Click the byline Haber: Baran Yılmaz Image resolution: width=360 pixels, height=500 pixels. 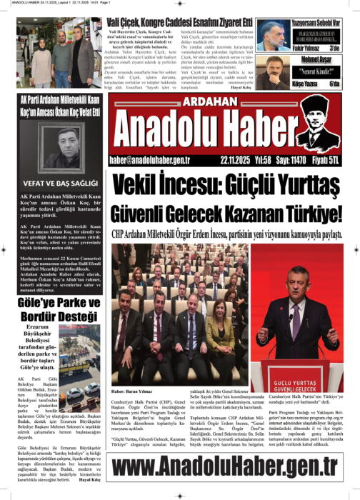[x=133, y=391]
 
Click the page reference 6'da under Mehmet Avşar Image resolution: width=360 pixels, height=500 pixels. [x=335, y=84]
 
